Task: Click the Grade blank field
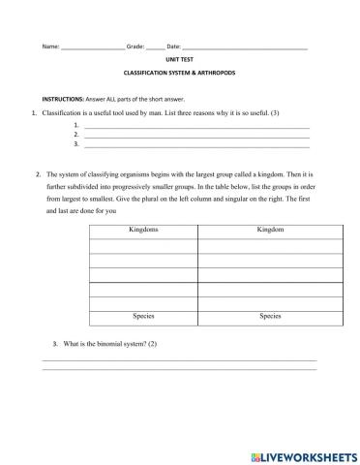tap(155, 46)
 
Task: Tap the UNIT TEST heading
tap(179, 59)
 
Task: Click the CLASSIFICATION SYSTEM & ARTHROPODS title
tap(179, 73)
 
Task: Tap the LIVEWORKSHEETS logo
tap(303, 453)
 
